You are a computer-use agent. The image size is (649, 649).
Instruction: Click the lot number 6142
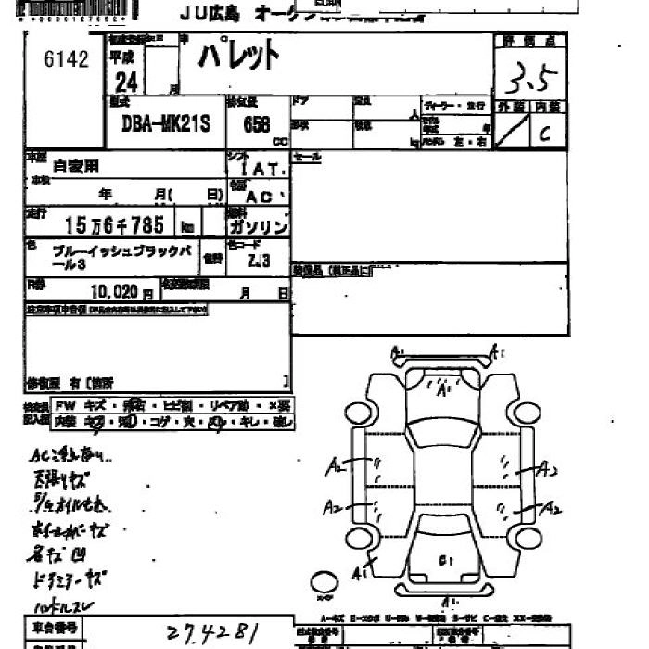click(66, 60)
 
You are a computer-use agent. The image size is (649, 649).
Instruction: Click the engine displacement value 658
click(256, 124)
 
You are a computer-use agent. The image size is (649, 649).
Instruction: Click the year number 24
click(127, 83)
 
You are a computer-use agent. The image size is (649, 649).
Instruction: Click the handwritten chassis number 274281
click(211, 633)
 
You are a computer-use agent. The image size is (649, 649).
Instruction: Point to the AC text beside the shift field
click(261, 197)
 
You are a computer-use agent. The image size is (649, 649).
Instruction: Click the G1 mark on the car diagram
click(447, 558)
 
